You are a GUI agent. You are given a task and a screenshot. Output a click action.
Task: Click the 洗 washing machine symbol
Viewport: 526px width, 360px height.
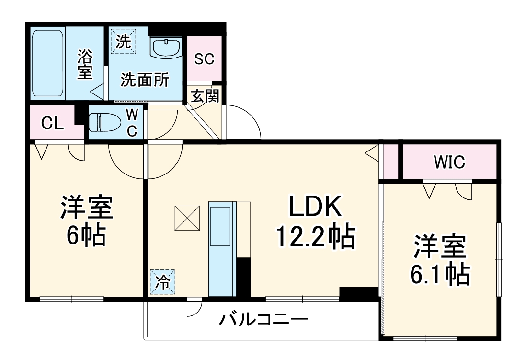(x=123, y=41)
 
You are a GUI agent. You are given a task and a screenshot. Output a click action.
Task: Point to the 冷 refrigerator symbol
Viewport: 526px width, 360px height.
(x=163, y=282)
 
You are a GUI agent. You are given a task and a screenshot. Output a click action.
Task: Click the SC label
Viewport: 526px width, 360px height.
(x=204, y=59)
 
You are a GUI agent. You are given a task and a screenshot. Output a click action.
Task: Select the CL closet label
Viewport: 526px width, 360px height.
(x=52, y=123)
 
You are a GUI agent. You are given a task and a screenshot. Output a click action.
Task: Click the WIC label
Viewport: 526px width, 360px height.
(x=449, y=163)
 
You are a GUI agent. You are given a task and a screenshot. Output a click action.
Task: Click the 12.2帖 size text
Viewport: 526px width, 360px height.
(x=315, y=237)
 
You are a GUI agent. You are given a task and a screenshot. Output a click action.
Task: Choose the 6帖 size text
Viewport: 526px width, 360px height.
(x=86, y=234)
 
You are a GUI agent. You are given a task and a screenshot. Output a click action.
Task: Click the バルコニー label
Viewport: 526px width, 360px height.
(x=263, y=319)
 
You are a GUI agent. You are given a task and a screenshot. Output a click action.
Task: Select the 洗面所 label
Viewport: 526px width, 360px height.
(x=144, y=80)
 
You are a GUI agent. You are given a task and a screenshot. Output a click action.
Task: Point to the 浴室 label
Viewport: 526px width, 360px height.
(x=85, y=64)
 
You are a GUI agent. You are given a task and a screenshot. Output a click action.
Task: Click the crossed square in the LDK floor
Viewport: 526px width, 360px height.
(x=187, y=218)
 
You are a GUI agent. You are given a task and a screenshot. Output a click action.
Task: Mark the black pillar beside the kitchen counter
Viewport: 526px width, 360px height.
(x=244, y=277)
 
